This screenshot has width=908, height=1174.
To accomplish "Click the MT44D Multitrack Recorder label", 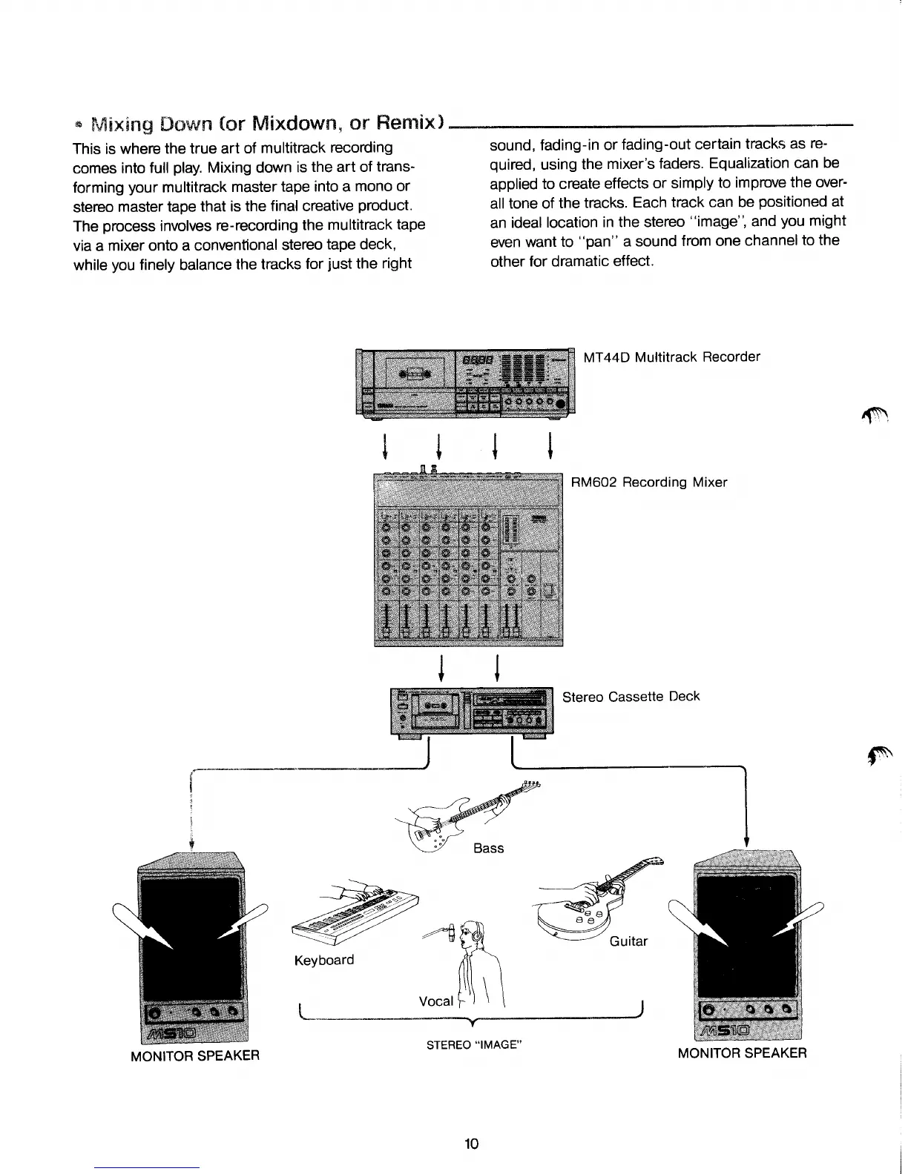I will (x=671, y=357).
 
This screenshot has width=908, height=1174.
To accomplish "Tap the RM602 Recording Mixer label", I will (x=648, y=482).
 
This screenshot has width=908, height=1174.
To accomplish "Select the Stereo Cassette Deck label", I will (x=631, y=697).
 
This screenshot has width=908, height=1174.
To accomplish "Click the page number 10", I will (x=471, y=1144).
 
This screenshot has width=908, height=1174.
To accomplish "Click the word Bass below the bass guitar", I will (x=488, y=848).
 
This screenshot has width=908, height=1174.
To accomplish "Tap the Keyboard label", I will (x=324, y=960).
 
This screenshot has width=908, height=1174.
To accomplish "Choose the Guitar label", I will (x=628, y=941).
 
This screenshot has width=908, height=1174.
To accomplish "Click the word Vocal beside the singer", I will (x=435, y=1001).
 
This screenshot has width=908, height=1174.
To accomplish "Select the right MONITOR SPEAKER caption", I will (x=742, y=1053).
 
